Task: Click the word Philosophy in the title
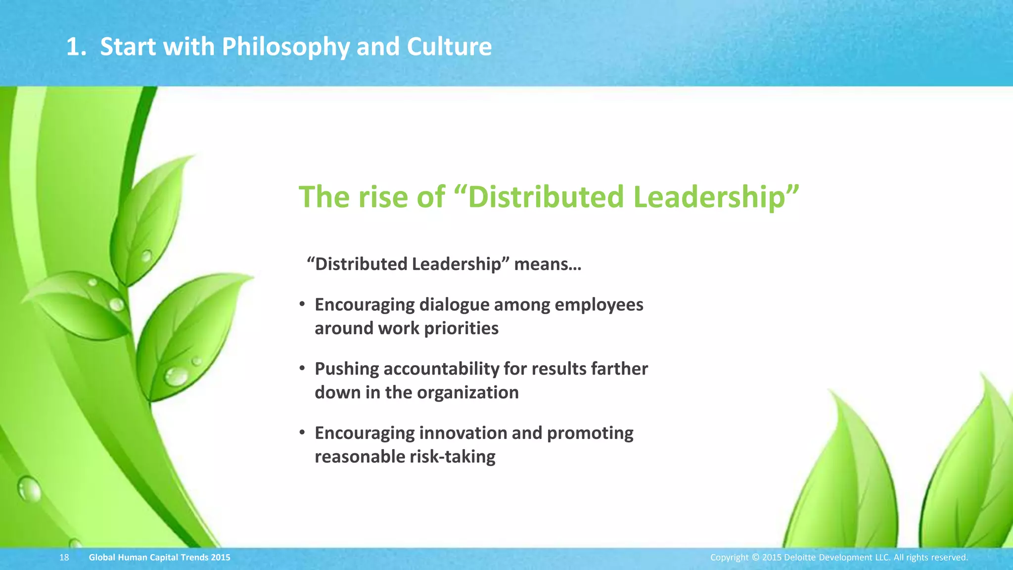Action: click(x=285, y=47)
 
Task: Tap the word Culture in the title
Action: click(x=449, y=47)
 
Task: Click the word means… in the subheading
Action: click(x=548, y=264)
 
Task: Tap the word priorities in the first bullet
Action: click(x=461, y=328)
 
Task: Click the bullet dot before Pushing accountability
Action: click(x=302, y=369)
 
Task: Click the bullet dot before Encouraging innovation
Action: click(x=302, y=433)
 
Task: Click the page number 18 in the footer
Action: click(x=64, y=558)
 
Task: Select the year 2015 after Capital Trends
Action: click(x=220, y=558)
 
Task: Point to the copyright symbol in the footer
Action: click(x=755, y=558)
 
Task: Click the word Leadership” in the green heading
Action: click(x=716, y=196)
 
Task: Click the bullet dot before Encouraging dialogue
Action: click(x=302, y=305)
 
